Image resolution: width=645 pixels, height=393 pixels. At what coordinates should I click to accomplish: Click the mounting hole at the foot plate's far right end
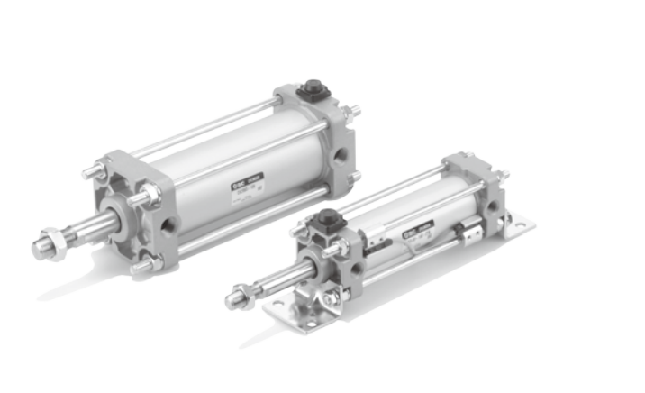click(517, 219)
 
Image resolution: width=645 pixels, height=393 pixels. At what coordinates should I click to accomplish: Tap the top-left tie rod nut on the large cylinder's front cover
click(93, 170)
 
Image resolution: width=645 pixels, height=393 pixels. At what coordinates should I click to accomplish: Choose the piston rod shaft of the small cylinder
click(279, 280)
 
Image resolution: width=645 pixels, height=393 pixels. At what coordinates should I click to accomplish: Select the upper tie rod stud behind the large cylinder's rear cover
click(353, 112)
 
